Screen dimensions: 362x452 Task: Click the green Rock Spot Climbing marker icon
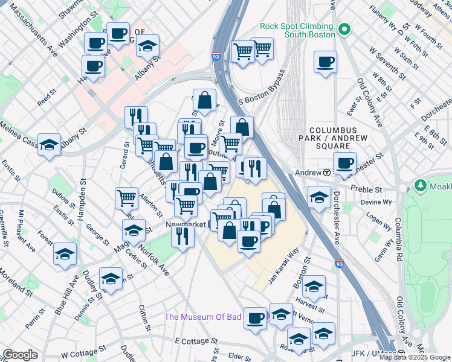point(345,29)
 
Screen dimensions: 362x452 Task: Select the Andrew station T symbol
point(327,172)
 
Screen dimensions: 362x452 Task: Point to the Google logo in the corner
point(20,355)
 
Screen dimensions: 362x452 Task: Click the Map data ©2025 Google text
point(415,357)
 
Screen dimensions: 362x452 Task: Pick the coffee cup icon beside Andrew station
point(345,163)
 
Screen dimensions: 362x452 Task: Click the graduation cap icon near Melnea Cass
point(49,144)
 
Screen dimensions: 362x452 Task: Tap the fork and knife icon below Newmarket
point(181,235)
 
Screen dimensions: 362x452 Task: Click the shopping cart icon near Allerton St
point(126,197)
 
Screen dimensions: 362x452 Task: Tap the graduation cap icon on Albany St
point(147,46)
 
